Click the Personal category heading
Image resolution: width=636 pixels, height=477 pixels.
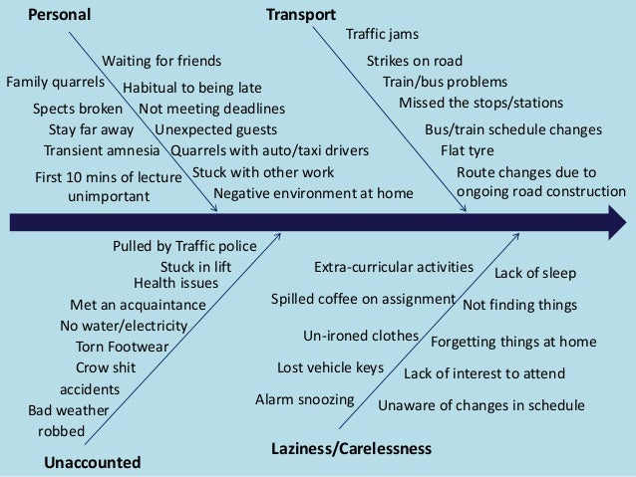[x=59, y=15]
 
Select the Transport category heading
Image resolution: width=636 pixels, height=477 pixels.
[x=301, y=15]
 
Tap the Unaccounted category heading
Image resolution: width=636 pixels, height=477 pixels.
[x=93, y=462]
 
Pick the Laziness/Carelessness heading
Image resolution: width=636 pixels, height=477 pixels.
[x=351, y=449]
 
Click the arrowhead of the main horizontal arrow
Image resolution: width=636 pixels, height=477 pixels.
[x=612, y=220]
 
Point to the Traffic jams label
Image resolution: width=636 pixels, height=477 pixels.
[x=382, y=35]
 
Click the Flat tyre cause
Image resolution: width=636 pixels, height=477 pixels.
[x=467, y=151]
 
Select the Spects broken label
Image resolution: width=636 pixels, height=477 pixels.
[x=78, y=109]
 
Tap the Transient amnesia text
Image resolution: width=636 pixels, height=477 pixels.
[x=101, y=150]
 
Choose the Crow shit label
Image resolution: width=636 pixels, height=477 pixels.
[x=106, y=367]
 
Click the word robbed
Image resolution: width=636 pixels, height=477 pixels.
[x=61, y=431]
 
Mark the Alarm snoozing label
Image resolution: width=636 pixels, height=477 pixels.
[x=305, y=400]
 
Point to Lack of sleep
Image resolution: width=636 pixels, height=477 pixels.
[x=535, y=273]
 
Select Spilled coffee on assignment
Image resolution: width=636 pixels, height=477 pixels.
[x=363, y=299]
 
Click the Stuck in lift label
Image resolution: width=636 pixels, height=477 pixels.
[x=195, y=267]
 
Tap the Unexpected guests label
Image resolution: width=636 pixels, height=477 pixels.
[x=216, y=129]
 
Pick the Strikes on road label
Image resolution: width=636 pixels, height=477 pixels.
[x=415, y=62]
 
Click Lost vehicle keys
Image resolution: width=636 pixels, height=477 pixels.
[x=330, y=368]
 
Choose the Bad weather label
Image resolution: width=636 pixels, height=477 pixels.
[x=70, y=410]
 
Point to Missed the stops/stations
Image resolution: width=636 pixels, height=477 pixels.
[x=480, y=103]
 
